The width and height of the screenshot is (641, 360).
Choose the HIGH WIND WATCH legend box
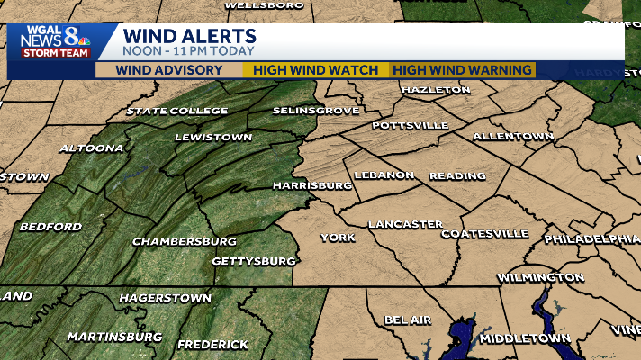(x=315, y=70)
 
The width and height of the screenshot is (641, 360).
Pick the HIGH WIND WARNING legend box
(x=463, y=70)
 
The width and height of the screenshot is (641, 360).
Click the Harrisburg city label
(x=312, y=185)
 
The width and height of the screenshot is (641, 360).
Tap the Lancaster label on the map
(x=405, y=223)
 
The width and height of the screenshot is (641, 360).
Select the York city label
(x=338, y=238)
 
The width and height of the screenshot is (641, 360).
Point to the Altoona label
(x=91, y=148)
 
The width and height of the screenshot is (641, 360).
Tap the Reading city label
(x=457, y=175)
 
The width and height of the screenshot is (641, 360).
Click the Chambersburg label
(x=184, y=241)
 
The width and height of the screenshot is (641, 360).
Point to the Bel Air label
(x=408, y=319)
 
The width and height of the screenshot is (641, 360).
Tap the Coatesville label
(x=484, y=234)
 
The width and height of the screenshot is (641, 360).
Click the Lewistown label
(x=213, y=137)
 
